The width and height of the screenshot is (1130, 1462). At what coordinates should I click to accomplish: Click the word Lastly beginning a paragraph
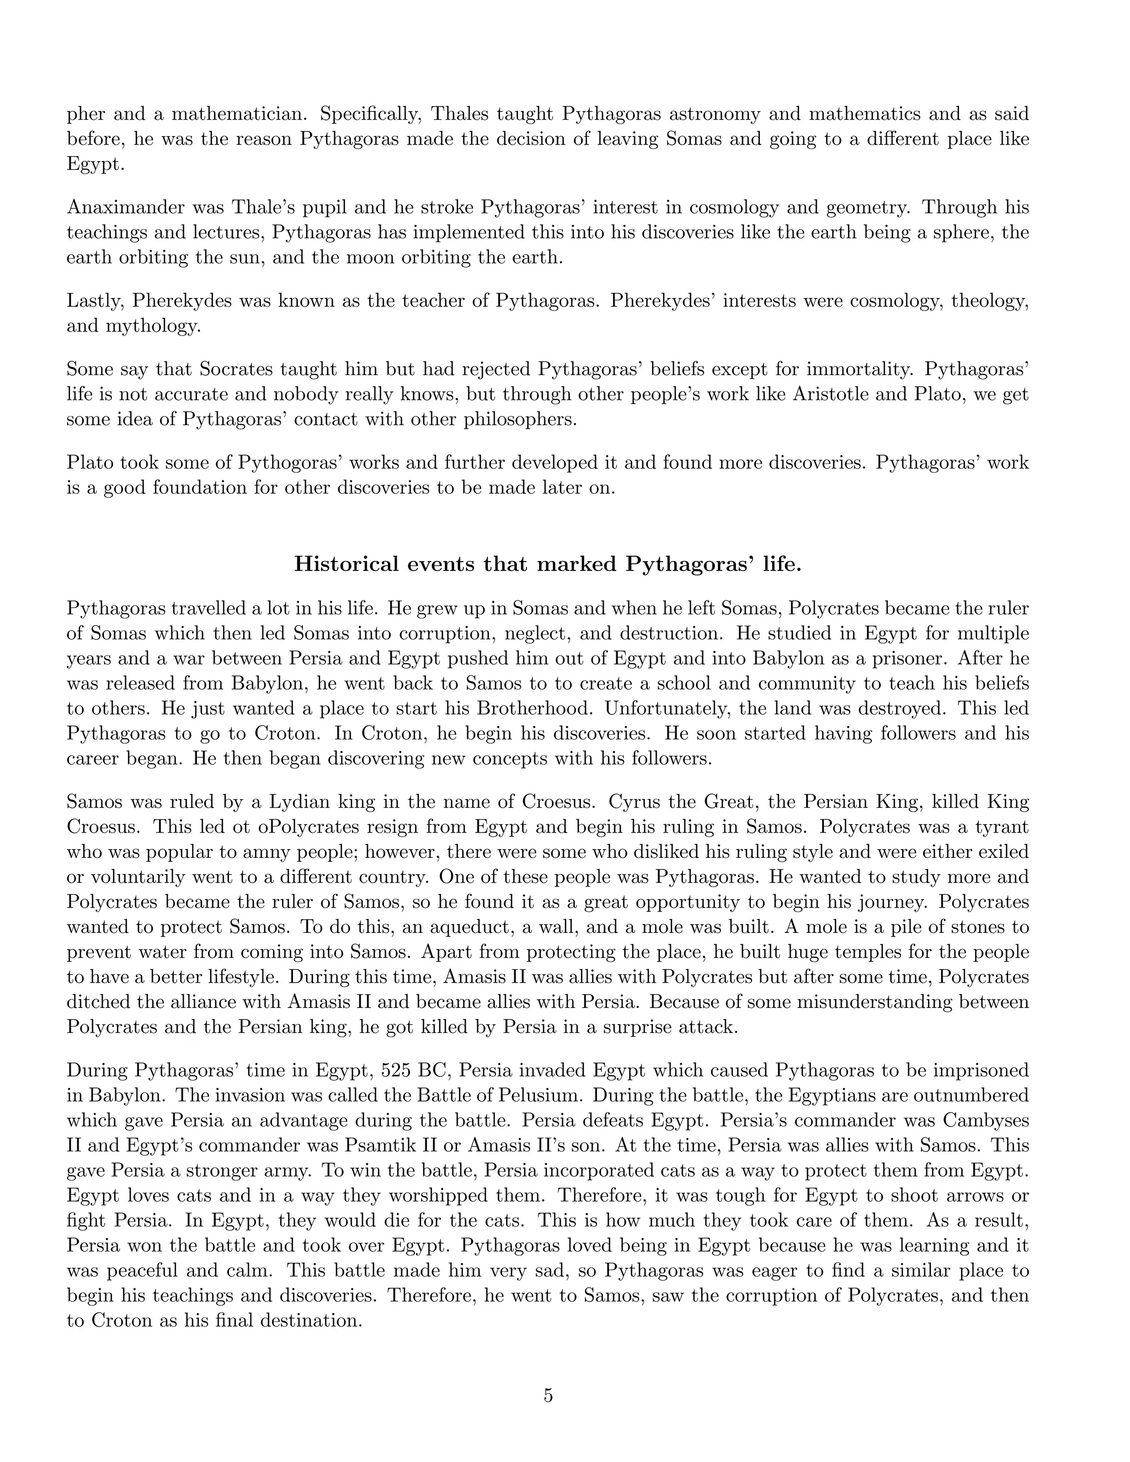(x=94, y=301)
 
